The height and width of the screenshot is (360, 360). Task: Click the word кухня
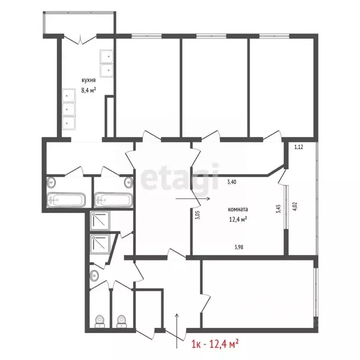tap(89, 81)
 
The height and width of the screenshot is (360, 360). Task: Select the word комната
tap(238, 210)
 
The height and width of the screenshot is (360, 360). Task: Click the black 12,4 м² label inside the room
tap(238, 218)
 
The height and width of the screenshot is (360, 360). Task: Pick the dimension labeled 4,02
tap(295, 207)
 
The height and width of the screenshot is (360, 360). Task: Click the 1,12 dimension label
tap(299, 147)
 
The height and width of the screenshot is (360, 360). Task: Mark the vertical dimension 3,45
tap(278, 208)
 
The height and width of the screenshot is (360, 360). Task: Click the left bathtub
tap(66, 200)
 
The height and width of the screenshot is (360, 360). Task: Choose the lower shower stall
tap(100, 244)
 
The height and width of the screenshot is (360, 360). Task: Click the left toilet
tap(99, 320)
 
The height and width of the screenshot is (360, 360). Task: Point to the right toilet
tap(122, 320)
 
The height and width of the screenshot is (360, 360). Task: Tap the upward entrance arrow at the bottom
tap(177, 330)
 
